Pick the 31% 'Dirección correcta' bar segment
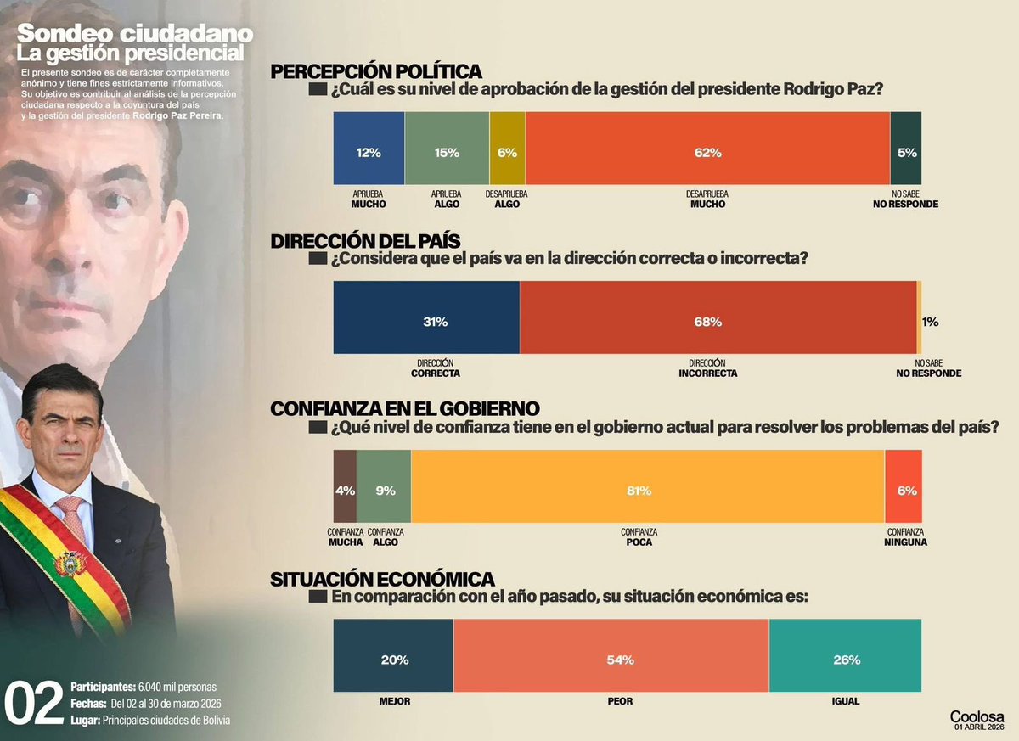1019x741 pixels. coord(426,317)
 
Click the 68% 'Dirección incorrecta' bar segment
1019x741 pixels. coord(718,317)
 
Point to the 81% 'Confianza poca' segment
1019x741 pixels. coord(647,486)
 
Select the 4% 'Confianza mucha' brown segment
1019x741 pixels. coord(345,486)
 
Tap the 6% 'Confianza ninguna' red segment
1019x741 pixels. coord(904,486)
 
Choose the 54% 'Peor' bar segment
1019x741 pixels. coord(611,655)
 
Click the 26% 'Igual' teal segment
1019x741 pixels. coord(846,655)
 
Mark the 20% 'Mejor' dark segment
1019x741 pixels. coord(393,655)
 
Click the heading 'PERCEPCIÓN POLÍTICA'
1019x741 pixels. coord(376,71)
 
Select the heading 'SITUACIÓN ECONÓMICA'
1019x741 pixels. coord(382,579)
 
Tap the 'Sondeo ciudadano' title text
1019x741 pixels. coord(135,34)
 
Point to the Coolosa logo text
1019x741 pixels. coord(977,716)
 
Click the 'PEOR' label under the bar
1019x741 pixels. coord(620,702)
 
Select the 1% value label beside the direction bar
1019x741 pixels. coord(930,322)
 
